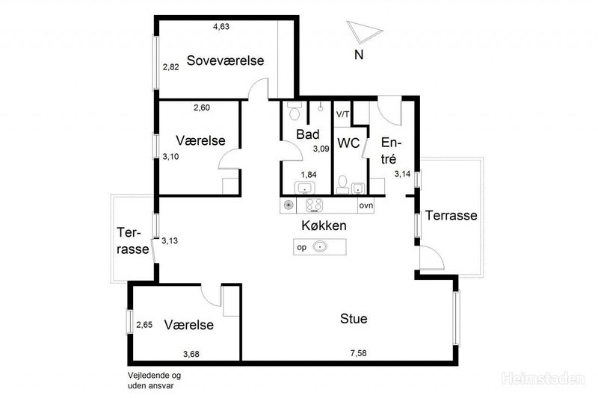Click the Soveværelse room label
pos(225,60)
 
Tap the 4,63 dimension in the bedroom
pos(221,27)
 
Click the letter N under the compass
pos(359,55)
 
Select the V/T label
pos(342,114)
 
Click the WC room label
pos(348,143)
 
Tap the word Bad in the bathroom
pos(308,134)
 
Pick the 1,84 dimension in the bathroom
pos(309,175)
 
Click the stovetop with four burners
pos(314,205)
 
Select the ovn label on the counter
pos(366,205)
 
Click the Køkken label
pos(324,226)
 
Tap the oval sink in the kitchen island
pos(320,247)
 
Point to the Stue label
pos(354,318)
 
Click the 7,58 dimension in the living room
pos(359,353)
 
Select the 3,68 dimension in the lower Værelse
pos(191,354)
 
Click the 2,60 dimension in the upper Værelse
pos(202,108)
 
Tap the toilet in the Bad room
pos(294,111)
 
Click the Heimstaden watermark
pos(543,379)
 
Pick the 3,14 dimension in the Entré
pos(402,174)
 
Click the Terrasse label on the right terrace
pos(451,216)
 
